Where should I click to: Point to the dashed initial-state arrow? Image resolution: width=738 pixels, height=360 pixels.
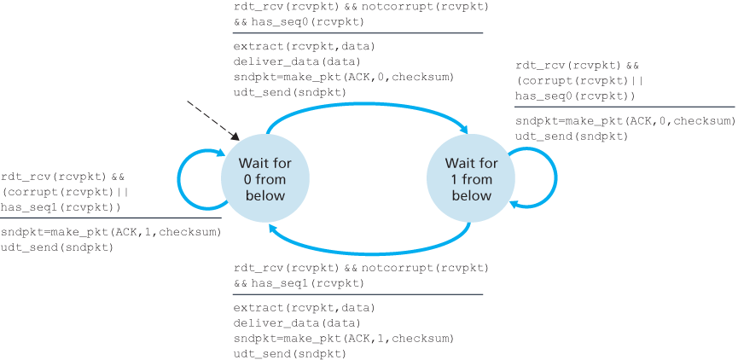pyautogui.click(x=212, y=119)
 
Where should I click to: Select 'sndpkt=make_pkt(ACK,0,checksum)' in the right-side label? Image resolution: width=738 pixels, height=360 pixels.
pyautogui.click(x=625, y=121)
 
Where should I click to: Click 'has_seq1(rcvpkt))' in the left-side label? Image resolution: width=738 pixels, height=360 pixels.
pyautogui.click(x=61, y=206)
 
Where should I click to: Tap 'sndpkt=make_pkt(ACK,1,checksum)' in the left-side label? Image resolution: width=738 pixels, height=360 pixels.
pyautogui.click(x=111, y=232)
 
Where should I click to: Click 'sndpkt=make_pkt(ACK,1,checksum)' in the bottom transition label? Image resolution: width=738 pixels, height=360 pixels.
pyautogui.click(x=343, y=338)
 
